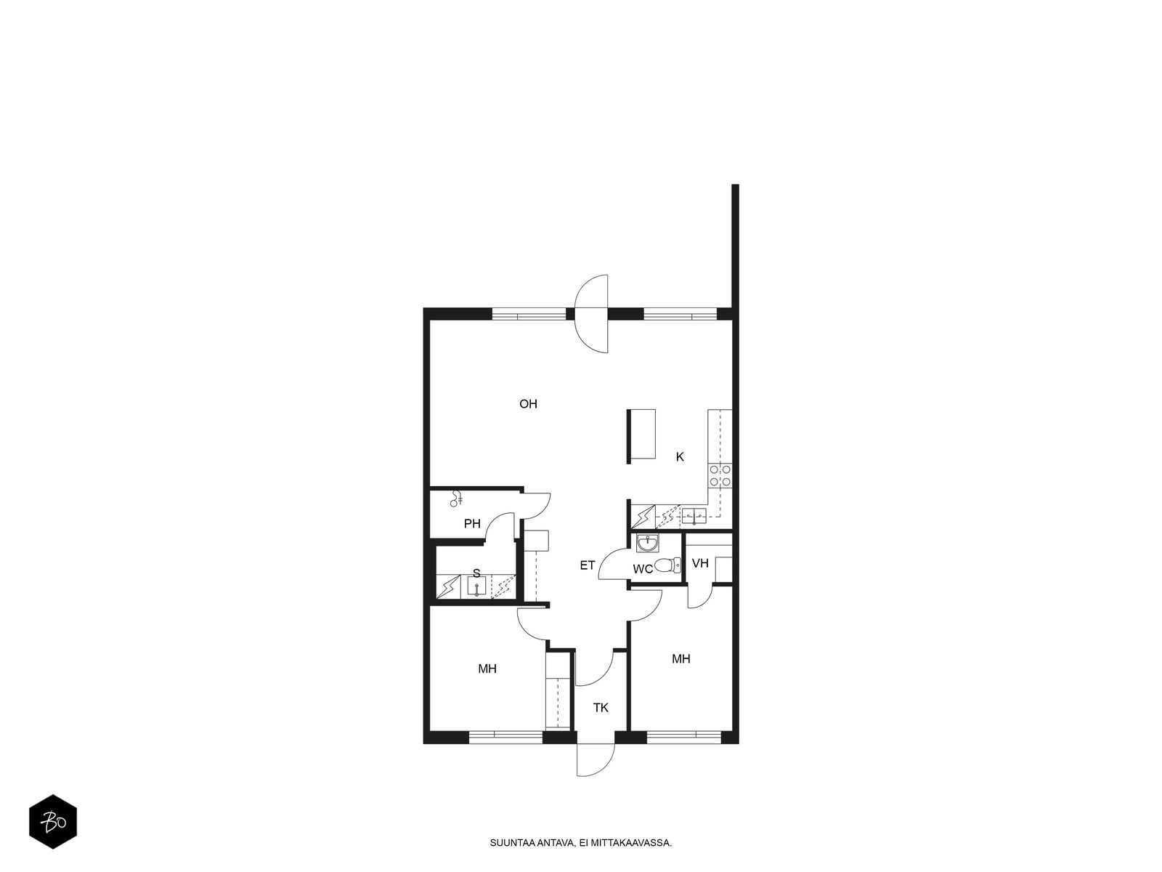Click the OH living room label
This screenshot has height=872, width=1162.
pyautogui.click(x=528, y=404)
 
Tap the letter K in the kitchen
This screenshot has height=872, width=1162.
pyautogui.click(x=680, y=456)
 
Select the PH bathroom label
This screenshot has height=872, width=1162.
pyautogui.click(x=472, y=524)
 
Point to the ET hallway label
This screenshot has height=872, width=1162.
pyautogui.click(x=587, y=565)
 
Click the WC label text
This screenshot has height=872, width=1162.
pyautogui.click(x=643, y=569)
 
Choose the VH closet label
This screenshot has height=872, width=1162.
pyautogui.click(x=700, y=563)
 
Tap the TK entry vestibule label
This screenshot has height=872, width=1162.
pyautogui.click(x=601, y=708)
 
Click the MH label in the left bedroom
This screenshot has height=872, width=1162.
pyautogui.click(x=487, y=669)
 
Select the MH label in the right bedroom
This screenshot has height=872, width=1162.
pyautogui.click(x=680, y=658)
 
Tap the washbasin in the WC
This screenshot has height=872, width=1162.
pyautogui.click(x=647, y=544)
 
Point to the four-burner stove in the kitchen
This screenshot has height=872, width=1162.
pyautogui.click(x=720, y=475)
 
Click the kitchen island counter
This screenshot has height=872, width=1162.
pyautogui.click(x=641, y=434)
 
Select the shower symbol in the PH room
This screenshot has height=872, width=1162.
pyautogui.click(x=456, y=499)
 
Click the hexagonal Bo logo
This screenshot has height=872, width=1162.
pyautogui.click(x=53, y=822)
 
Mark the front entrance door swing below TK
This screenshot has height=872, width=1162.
pyautogui.click(x=596, y=760)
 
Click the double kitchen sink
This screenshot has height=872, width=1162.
pyautogui.click(x=694, y=515)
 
